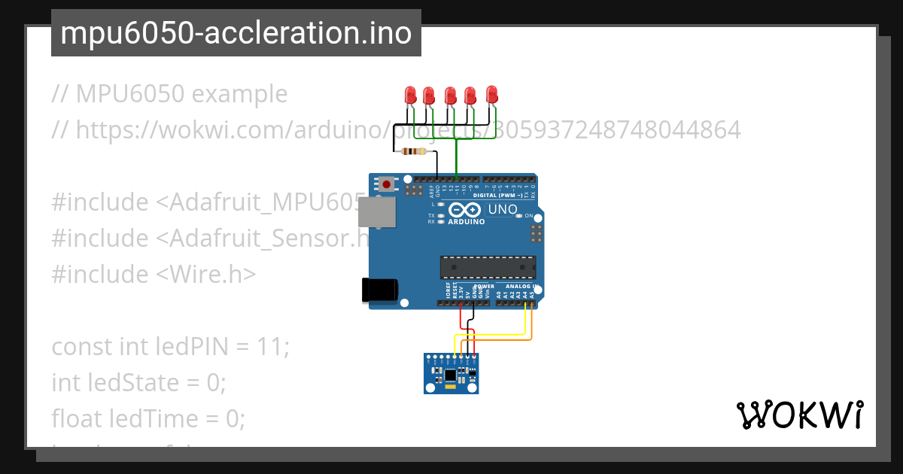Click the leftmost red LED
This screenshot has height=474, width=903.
[411, 96]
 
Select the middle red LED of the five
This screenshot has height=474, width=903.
[450, 96]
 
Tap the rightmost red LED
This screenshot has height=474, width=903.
[492, 95]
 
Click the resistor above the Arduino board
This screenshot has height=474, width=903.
[414, 151]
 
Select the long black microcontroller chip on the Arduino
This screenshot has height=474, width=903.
[488, 267]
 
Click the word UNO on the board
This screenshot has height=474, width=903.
[503, 210]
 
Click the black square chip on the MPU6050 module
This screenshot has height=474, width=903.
[450, 374]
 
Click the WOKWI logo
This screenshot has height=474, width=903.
[799, 415]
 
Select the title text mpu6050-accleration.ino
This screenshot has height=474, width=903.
[236, 34]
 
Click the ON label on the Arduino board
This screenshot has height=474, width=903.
[528, 216]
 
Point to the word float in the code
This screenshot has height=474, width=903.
[78, 418]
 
